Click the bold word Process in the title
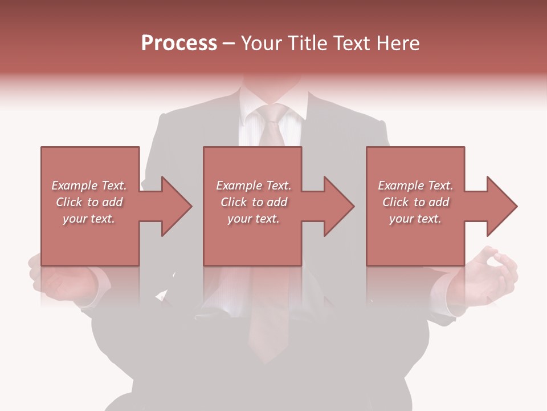tap(179, 43)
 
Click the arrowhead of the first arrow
tap(177, 206)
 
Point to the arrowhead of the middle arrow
tap(339, 206)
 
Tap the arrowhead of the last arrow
tap(502, 206)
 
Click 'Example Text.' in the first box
tap(89, 186)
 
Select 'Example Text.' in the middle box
tap(254, 186)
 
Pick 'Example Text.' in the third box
tap(415, 186)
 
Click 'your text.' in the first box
tap(89, 219)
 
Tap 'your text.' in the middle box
tap(254, 219)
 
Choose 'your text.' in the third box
tap(415, 219)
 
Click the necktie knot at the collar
tap(273, 115)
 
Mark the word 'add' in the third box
tap(439, 202)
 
